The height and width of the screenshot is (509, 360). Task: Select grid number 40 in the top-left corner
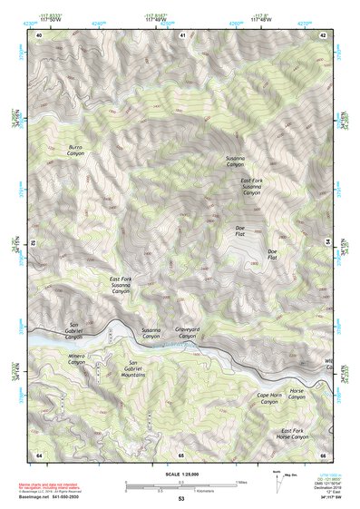click(x=39, y=34)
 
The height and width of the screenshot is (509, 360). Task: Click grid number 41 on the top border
click(x=182, y=34)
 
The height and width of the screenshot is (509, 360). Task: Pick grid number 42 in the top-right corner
click(x=324, y=34)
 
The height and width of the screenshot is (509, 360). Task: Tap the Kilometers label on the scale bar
click(x=213, y=491)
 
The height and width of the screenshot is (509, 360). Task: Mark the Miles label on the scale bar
click(x=241, y=481)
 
